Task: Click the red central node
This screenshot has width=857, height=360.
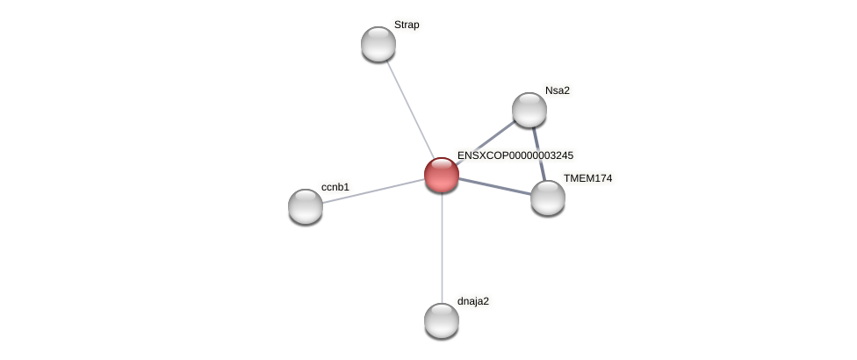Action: click(x=442, y=175)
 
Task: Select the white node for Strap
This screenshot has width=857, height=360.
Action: click(x=378, y=44)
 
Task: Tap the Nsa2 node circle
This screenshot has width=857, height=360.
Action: click(x=529, y=110)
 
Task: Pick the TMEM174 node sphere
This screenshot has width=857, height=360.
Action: click(x=548, y=198)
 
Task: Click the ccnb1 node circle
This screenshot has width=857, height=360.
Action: click(x=306, y=206)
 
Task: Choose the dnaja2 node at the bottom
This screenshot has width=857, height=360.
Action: click(x=442, y=320)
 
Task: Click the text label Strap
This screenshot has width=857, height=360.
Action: click(x=407, y=25)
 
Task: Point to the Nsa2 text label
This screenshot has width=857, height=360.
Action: click(x=558, y=90)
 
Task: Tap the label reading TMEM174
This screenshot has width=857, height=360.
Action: click(x=587, y=178)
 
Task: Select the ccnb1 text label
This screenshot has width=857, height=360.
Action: click(x=335, y=187)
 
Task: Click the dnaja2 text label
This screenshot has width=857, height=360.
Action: click(x=473, y=301)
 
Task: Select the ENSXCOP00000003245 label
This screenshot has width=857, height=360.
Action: click(x=515, y=155)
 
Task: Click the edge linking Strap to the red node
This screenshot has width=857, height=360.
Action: click(x=410, y=109)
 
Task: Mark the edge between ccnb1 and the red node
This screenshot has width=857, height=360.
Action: click(x=373, y=191)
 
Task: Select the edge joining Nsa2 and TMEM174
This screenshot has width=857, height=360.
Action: click(x=539, y=154)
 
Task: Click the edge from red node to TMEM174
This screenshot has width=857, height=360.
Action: click(x=494, y=185)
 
